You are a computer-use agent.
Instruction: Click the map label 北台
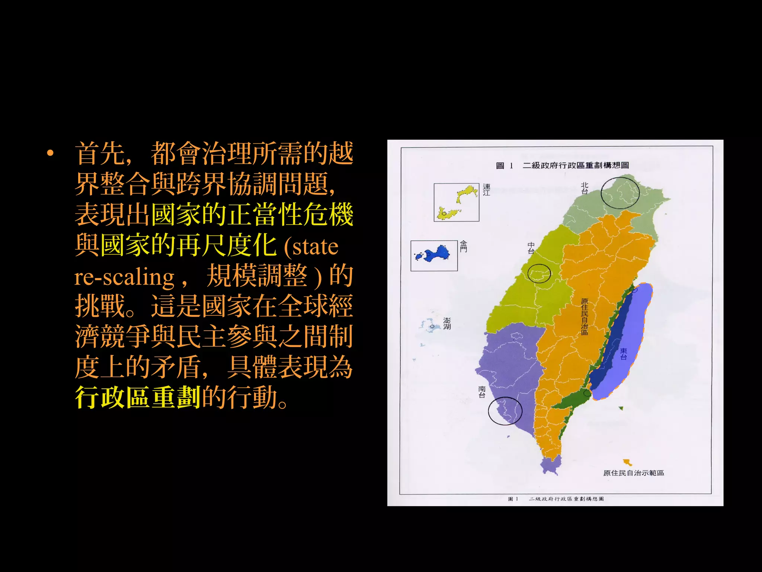[x=585, y=188]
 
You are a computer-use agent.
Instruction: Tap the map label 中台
[x=531, y=248]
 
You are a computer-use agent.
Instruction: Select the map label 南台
[x=482, y=392]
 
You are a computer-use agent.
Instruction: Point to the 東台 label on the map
[x=624, y=354]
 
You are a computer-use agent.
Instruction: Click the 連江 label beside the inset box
[x=486, y=190]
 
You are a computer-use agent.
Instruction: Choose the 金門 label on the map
[x=463, y=246]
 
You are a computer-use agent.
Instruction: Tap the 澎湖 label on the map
[x=447, y=324]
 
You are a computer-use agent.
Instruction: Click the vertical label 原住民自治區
[x=585, y=317]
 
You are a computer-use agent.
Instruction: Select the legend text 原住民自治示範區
[x=633, y=473]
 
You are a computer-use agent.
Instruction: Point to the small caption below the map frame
[x=556, y=499]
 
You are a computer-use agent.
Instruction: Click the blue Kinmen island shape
[x=435, y=254]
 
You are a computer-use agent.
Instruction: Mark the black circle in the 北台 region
[x=620, y=193]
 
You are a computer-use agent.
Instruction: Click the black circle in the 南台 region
[x=505, y=411]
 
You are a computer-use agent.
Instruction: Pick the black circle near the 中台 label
[x=539, y=273]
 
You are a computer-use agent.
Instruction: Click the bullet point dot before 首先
[x=51, y=153]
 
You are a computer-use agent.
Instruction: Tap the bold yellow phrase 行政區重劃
[x=138, y=397]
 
